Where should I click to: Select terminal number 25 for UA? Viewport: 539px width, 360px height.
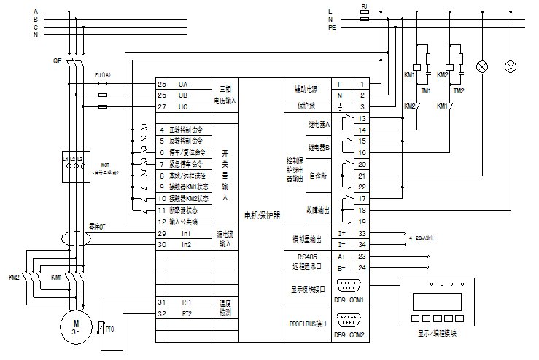(x=162, y=85)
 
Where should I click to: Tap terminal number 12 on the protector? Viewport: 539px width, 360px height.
(x=162, y=221)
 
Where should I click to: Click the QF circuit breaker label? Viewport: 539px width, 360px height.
(x=55, y=61)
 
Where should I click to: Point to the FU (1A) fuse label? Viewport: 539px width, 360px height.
(x=104, y=76)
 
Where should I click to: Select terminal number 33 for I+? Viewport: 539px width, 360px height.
(x=361, y=233)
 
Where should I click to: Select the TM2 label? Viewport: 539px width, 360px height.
(x=459, y=90)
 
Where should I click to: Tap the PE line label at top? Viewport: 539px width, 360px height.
(x=332, y=27)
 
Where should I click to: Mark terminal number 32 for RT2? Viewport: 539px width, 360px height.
(x=162, y=313)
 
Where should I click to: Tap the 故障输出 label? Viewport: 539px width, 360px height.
(x=319, y=209)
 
